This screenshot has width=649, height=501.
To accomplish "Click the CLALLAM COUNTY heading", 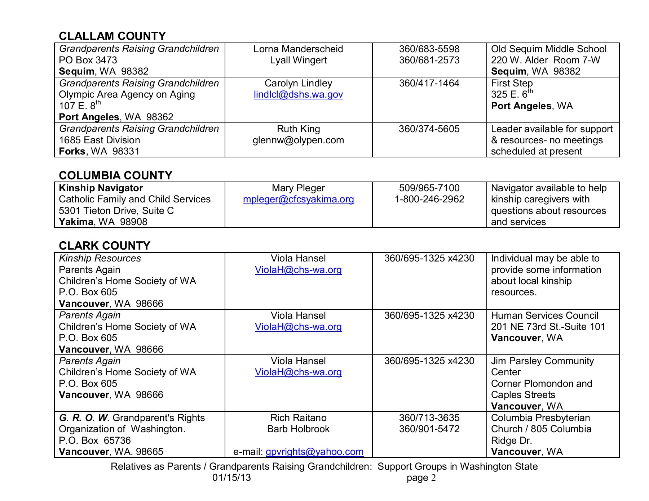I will click(x=112, y=36).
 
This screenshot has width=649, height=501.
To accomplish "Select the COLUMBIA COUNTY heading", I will click(x=115, y=175).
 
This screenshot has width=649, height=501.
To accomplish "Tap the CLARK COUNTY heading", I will click(x=104, y=246).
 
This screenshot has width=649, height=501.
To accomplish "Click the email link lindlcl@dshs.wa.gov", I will click(x=298, y=94).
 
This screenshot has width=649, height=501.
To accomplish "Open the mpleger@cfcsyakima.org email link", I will click(x=298, y=199).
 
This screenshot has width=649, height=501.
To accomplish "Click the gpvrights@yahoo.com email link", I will click(x=314, y=452).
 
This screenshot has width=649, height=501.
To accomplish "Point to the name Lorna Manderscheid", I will click(x=298, y=49).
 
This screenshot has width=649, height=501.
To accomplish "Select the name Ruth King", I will click(x=298, y=129).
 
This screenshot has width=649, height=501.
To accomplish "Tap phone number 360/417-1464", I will click(x=429, y=83).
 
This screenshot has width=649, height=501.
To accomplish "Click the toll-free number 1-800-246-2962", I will click(x=429, y=199).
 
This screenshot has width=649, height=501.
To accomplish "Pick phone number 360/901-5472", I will click(x=429, y=429).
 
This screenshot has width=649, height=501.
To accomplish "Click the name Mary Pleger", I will click(x=298, y=188).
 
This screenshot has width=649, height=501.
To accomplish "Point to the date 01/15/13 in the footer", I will click(x=231, y=478).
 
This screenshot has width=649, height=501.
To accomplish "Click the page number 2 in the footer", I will click(x=433, y=478).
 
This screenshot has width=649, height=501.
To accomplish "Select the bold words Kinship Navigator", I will click(x=101, y=188).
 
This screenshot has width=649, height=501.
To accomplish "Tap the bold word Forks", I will click(x=72, y=151).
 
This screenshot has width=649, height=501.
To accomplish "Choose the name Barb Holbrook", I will click(x=298, y=429).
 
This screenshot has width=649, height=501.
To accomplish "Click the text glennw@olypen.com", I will click(x=298, y=140).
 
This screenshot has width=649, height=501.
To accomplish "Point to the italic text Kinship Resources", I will click(x=100, y=258).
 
